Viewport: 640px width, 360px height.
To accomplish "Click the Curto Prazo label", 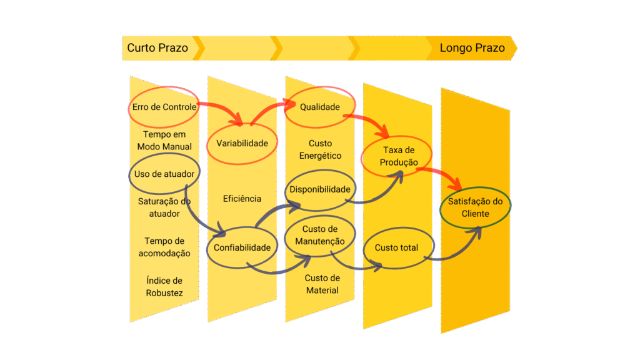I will point(157,48).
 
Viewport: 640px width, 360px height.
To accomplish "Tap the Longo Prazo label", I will point(472,48).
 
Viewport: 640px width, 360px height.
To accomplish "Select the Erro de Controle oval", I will point(164,107).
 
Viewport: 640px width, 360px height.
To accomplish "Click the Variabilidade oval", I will point(242,143).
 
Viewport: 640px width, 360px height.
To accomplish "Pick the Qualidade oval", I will point(320,107).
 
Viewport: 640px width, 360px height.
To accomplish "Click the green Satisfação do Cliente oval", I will point(476,207).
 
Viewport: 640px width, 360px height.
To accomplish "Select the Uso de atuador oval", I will point(164,174).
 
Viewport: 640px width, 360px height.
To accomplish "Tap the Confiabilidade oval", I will point(242,247).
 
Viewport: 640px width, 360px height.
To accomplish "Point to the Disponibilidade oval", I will point(320,189).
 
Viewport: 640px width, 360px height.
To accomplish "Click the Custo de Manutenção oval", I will point(320,236).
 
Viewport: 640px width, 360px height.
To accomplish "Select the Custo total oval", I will point(396,248).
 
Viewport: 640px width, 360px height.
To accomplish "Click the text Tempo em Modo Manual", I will point(164,141).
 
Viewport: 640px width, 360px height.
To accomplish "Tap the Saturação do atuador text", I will point(164,207).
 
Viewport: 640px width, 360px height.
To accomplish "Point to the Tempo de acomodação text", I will point(164,247).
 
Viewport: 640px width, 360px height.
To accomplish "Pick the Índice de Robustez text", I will point(164,287).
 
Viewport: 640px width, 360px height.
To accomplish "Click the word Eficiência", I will point(242,199).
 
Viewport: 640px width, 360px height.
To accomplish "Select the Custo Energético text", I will point(320,150).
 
